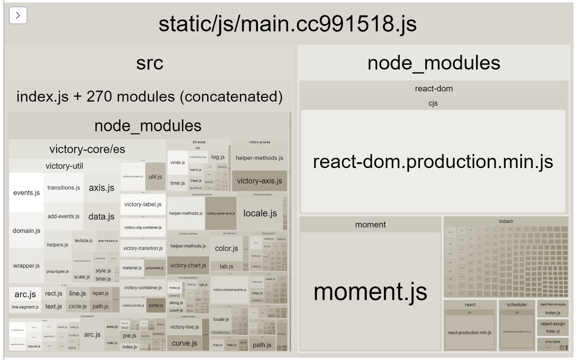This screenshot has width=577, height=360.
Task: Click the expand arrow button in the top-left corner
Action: point(18,16)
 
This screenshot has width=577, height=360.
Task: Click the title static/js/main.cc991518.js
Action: point(287,24)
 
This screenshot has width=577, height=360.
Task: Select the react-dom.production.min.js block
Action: point(433,161)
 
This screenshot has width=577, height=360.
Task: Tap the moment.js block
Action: point(370,291)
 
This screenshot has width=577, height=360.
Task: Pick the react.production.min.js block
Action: point(469,333)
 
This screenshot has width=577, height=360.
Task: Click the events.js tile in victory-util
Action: point(26,193)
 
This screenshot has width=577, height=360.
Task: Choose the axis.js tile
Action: point(101,188)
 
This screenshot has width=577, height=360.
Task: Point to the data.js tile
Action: point(101,216)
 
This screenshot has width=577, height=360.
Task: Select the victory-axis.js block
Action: point(259,181)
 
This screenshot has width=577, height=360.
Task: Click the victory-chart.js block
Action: point(188,265)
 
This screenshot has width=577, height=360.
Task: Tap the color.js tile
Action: point(226,248)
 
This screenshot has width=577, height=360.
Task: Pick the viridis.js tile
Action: point(177,162)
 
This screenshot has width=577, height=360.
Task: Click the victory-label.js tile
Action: point(143,204)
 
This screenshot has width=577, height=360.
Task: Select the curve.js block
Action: point(184,343)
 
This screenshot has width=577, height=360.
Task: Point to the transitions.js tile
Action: point(63,188)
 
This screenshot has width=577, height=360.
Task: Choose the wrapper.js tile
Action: point(26,265)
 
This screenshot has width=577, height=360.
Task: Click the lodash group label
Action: point(506,221)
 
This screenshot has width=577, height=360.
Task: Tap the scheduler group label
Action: point(517,304)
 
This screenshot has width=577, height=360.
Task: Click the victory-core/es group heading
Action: point(87,149)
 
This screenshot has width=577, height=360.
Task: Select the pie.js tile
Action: point(129,335)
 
